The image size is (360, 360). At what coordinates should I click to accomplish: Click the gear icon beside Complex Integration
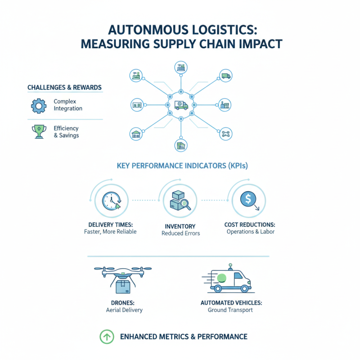pos(38,105)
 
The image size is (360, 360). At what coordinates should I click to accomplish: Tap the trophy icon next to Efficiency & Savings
pos(38,131)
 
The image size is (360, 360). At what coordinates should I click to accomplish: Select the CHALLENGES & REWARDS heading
pos(64,87)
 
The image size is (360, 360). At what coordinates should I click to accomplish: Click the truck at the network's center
pos(181,105)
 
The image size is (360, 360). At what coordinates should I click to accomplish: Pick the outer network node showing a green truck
pos(225,76)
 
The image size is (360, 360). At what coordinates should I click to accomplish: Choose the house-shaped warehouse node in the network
pos(135,134)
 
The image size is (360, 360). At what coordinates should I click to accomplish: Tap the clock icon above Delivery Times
pos(111,201)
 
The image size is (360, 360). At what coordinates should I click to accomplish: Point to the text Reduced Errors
pos(180,233)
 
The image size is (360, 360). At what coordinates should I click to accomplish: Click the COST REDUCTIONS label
pos(250,224)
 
